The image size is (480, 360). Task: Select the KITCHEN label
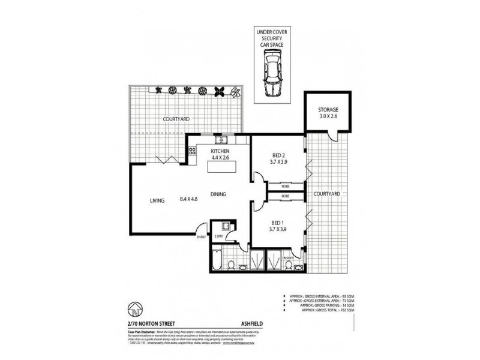(221, 152)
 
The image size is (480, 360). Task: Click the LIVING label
(158, 202)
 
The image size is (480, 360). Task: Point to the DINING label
(218, 194)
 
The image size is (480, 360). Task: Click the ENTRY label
(200, 238)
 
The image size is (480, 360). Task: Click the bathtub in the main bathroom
(218, 262)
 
